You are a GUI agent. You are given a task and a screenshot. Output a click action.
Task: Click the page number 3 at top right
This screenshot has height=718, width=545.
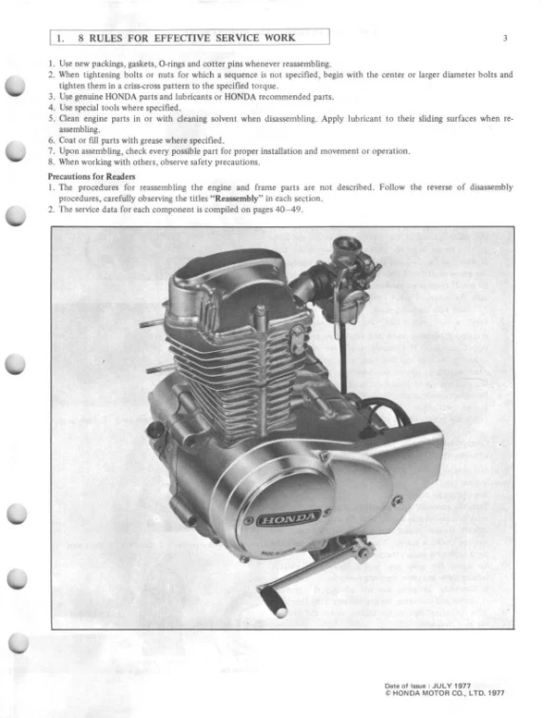[x=506, y=39]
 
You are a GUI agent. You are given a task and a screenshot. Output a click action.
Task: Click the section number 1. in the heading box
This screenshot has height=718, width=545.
[x=60, y=38]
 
